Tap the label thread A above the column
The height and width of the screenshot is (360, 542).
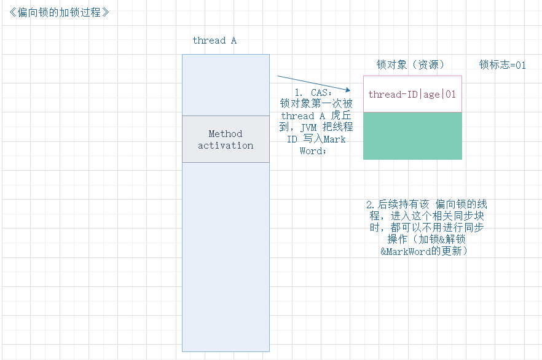(214, 41)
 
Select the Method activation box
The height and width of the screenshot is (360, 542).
(226, 139)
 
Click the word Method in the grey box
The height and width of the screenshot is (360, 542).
(226, 133)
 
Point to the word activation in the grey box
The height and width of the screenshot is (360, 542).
(226, 146)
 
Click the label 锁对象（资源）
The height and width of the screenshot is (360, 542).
(410, 65)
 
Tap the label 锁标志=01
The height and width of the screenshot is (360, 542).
(503, 65)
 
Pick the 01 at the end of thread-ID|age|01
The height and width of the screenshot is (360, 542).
(451, 95)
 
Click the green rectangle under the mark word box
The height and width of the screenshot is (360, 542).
(412, 136)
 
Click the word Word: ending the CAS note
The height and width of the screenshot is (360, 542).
(313, 151)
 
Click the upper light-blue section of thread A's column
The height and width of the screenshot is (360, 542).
(226, 85)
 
